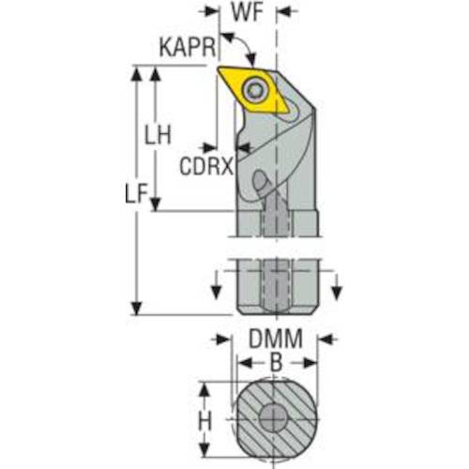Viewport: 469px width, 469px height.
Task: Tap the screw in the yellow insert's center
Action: [x=256, y=89]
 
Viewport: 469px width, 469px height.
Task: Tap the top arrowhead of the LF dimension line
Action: [x=139, y=71]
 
